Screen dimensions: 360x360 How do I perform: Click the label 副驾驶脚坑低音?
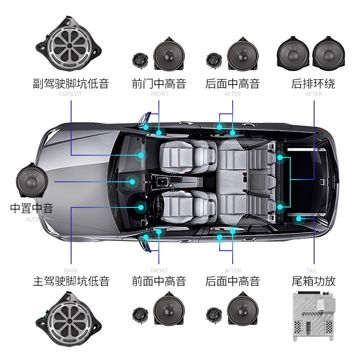(x=71, y=84)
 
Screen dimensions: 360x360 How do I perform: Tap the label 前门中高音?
(x=159, y=84)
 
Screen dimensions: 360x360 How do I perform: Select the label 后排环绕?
(x=313, y=84)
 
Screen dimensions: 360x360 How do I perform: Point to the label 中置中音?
(x=31, y=208)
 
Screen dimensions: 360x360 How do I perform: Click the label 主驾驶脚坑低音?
(x=71, y=282)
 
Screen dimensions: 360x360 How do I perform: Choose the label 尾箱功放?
(x=313, y=282)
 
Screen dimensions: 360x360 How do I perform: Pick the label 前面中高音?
(x=159, y=282)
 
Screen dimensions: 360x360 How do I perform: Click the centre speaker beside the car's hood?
(x=32, y=181)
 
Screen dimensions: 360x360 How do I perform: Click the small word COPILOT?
(x=71, y=94)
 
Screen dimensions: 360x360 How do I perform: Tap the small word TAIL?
(x=312, y=271)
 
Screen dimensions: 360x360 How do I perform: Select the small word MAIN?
(x=71, y=271)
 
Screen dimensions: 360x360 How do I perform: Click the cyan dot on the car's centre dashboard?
(x=132, y=182)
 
